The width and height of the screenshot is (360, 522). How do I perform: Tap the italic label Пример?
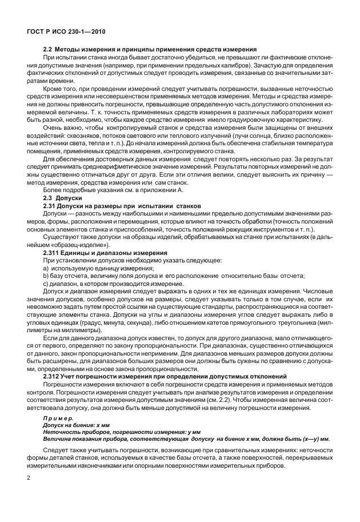click(x=57, y=419)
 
